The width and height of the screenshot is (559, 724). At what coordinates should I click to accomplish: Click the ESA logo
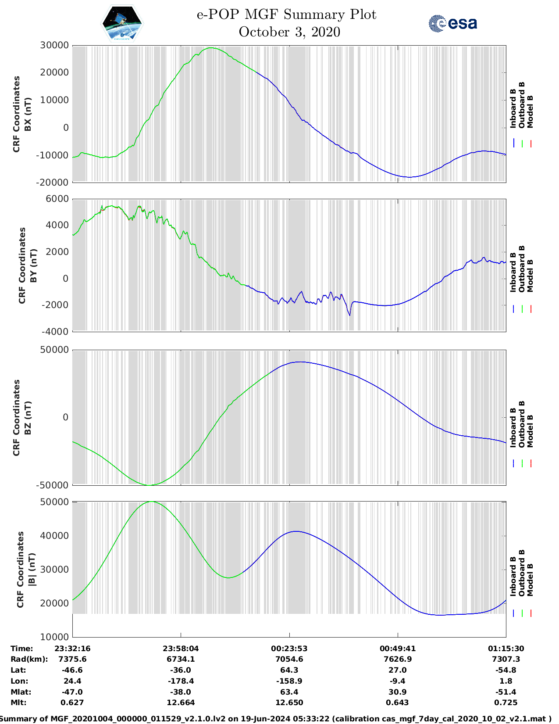pos(453,23)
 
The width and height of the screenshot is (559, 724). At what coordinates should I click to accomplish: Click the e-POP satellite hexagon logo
pos(122,23)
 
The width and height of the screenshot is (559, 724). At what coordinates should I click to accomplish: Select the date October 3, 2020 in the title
pos(289,32)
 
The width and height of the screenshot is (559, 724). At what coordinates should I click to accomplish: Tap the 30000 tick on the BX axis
pos(54,45)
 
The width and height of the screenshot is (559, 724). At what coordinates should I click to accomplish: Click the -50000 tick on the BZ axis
pos(53,485)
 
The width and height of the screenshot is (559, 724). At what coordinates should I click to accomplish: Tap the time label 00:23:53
pos(289,649)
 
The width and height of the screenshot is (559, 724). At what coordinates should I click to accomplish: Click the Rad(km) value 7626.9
pos(398,659)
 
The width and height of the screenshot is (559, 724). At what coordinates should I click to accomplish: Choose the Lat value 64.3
pos(289,670)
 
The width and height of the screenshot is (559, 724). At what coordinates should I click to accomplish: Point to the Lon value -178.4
pos(181,681)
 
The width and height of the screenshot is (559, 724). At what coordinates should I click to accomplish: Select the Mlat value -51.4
pos(506,692)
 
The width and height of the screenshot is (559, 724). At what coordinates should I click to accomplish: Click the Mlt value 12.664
pos(181,702)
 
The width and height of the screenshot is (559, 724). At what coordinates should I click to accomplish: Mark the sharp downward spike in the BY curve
pos(349,315)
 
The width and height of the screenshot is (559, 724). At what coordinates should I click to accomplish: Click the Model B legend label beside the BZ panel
pos(530,431)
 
